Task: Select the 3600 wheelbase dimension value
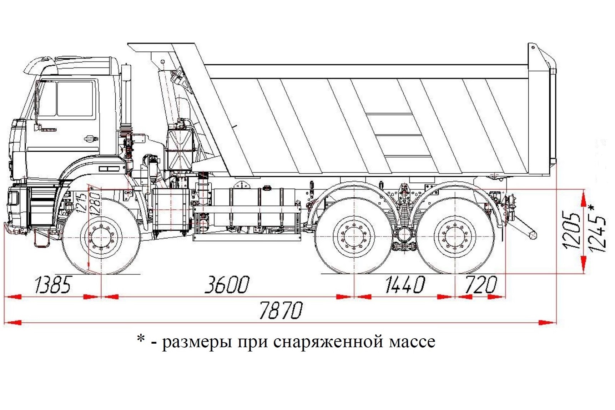(x=227, y=285)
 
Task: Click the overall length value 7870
(x=281, y=310)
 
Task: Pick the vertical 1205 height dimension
(x=571, y=230)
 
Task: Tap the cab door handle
(x=91, y=138)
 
